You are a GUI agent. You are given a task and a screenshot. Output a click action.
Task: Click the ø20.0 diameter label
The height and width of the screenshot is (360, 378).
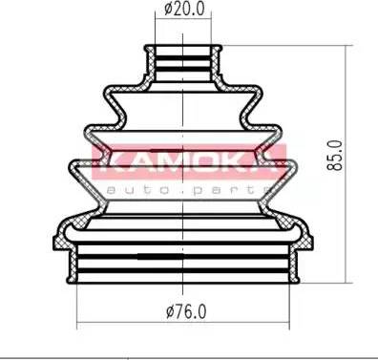click(184, 9)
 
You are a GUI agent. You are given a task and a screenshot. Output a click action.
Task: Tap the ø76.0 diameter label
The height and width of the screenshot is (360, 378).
click(186, 311)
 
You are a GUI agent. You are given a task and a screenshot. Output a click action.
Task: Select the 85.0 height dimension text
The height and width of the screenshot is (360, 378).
click(335, 155)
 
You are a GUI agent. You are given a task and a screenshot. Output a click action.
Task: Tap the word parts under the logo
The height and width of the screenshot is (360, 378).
click(228, 190)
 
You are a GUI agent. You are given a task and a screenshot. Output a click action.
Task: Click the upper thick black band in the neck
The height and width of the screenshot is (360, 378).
click(183, 58)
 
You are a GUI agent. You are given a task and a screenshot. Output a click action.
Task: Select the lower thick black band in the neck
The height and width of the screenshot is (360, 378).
click(183, 69)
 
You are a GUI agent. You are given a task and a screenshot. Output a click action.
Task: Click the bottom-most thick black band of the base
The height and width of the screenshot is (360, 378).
click(183, 271)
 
